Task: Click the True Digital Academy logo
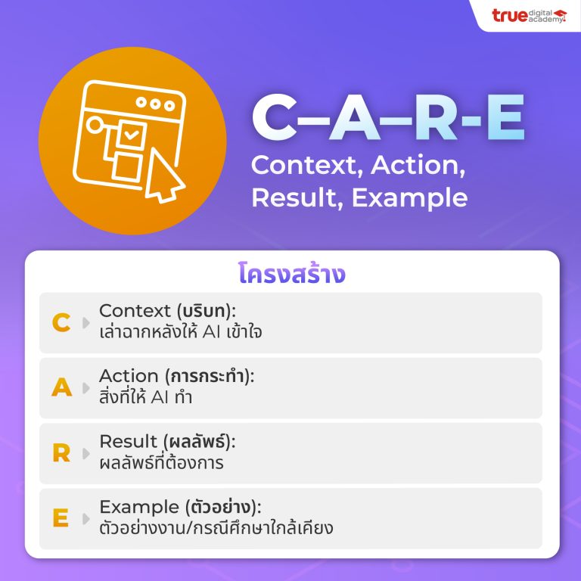tap(529, 16)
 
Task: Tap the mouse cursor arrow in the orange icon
tap(163, 176)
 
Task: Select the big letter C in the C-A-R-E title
tap(275, 117)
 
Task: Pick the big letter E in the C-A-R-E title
tap(506, 117)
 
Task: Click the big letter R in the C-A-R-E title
tap(437, 117)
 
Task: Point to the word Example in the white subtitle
tap(409, 198)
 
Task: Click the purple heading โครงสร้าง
tap(291, 274)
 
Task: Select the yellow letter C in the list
tap(61, 322)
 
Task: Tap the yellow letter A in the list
tap(61, 387)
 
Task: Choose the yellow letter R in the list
tap(61, 453)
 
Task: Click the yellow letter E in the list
tap(61, 517)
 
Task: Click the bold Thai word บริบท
tap(204, 310)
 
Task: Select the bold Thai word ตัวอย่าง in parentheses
tap(221, 507)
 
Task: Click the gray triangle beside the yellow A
tap(86, 388)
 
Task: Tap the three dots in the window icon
tap(155, 104)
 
